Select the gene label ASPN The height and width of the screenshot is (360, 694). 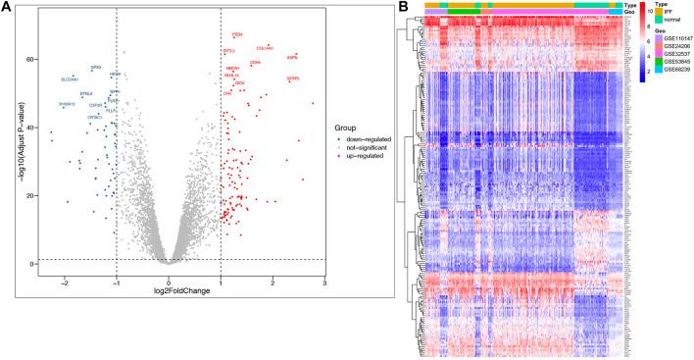(x=292, y=57)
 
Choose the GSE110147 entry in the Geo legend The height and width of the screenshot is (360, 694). (x=672, y=45)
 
